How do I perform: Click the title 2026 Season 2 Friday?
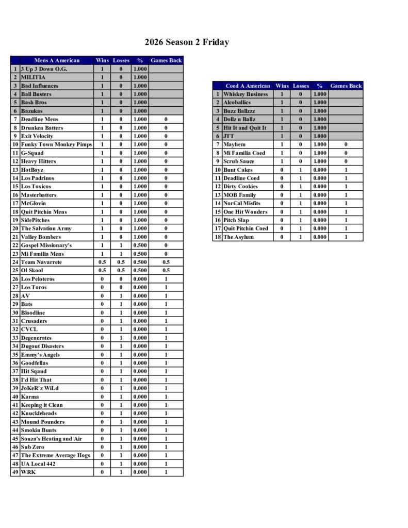(186, 42)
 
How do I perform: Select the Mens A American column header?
(57, 60)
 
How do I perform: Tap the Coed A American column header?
(248, 86)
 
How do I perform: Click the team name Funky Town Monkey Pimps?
(56, 144)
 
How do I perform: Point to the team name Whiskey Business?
(246, 94)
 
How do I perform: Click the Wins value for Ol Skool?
(102, 270)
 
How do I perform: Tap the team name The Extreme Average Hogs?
(55, 455)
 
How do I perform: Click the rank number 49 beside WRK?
(15, 472)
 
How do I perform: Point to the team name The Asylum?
(238, 237)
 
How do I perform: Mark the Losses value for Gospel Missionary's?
(121, 245)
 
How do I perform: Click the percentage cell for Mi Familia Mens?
(140, 254)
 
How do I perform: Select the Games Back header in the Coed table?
(346, 86)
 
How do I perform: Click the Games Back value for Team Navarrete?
(166, 262)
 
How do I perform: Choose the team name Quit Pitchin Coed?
(246, 228)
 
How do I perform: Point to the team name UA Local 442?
(38, 464)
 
